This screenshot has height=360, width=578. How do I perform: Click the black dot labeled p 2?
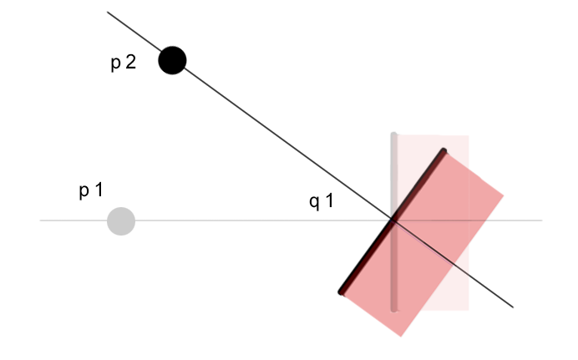tap(172, 60)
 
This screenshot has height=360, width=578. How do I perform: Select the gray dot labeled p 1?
tap(121, 221)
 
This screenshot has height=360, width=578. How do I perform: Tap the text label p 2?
tap(123, 63)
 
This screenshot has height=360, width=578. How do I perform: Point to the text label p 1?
tap(91, 191)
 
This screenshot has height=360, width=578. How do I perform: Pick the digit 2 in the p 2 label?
tap(130, 63)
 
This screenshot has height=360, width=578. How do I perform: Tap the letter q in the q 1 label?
tap(314, 202)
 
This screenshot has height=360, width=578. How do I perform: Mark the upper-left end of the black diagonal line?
tap(108, 13)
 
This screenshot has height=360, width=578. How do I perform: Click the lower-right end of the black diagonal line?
tap(513, 307)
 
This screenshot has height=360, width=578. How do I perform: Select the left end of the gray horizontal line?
tap(41, 221)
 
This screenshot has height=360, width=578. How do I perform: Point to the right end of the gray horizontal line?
tap(542, 221)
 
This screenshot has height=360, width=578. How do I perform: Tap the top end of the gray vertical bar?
tap(393, 134)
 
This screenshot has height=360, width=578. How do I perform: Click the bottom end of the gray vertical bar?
tap(393, 309)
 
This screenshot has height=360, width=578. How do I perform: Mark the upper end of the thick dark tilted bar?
tap(444, 151)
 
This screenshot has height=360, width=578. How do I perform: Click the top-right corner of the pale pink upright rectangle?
tap(469, 136)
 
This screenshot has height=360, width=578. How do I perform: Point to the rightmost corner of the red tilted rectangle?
tap(504, 195)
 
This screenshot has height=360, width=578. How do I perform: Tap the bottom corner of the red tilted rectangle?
tap(402, 337)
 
